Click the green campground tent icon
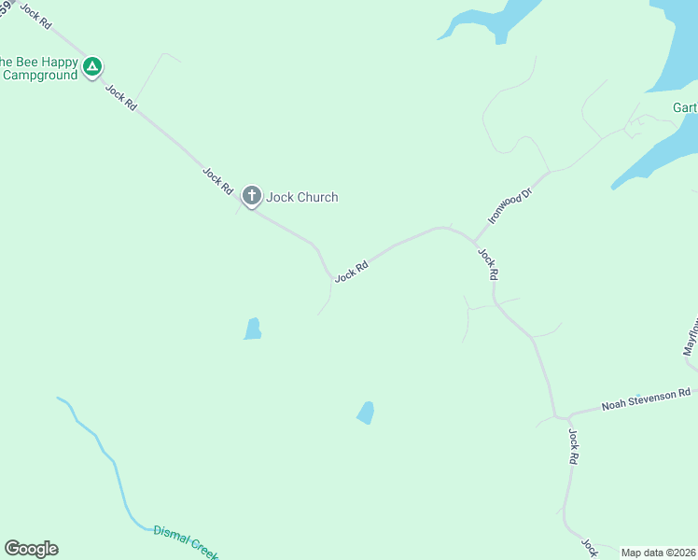[x=91, y=66]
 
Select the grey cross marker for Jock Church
[x=251, y=196]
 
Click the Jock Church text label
[x=302, y=197]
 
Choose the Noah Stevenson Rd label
[x=646, y=399]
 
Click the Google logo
[x=31, y=549]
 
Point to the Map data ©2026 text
[x=658, y=553]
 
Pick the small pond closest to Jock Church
[x=252, y=329]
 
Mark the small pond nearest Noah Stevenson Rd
[x=366, y=413]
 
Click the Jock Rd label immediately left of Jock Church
[x=217, y=179]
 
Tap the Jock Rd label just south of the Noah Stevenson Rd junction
[x=574, y=447]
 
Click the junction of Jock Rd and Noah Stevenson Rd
[x=557, y=416]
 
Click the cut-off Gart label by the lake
[x=685, y=107]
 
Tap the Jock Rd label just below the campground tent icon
[x=121, y=97]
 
